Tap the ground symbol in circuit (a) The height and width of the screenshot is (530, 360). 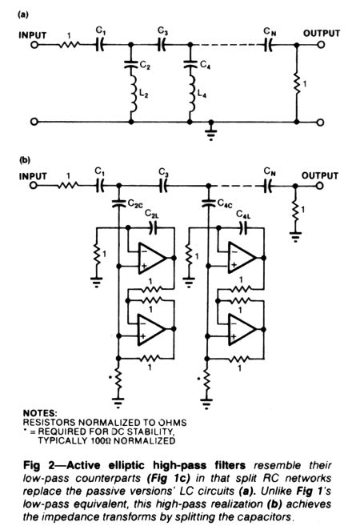[211, 133]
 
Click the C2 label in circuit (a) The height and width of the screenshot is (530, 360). [145, 66]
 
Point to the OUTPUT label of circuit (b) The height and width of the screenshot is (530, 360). [319, 176]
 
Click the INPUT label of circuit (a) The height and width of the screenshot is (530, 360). [33, 35]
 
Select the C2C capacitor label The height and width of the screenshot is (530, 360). [135, 203]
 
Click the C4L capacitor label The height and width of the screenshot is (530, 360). [243, 215]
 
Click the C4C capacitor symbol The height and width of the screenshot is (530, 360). [209, 203]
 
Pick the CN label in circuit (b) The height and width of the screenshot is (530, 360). [270, 172]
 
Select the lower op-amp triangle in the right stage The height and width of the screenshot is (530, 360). [242, 329]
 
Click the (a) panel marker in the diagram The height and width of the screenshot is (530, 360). [24, 15]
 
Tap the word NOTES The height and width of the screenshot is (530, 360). [40, 413]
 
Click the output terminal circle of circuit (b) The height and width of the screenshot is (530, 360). [320, 186]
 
